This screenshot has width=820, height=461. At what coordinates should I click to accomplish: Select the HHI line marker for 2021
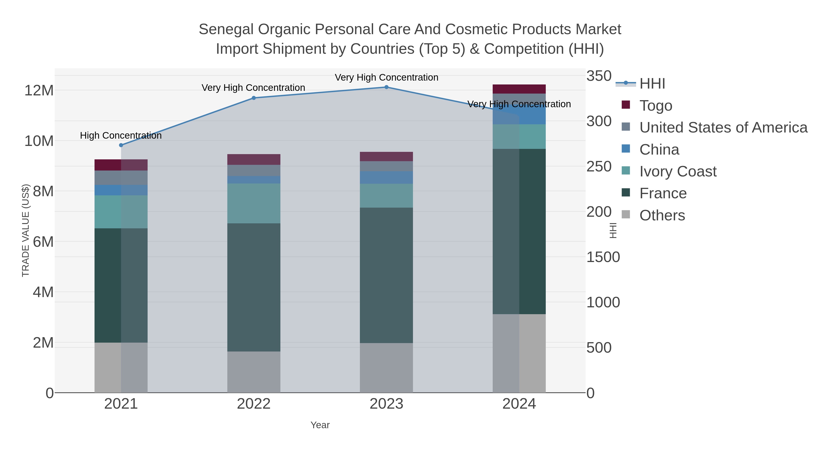point(121,145)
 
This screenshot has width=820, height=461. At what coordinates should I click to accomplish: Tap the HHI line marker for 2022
point(254,98)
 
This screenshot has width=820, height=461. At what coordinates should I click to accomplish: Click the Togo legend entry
point(656,105)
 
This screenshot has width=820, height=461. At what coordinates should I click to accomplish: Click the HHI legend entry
point(652,83)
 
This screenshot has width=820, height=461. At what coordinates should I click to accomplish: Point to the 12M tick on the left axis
point(39,91)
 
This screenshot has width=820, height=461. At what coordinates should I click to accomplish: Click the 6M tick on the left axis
point(43,242)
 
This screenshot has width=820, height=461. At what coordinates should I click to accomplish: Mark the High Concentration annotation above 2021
point(121,135)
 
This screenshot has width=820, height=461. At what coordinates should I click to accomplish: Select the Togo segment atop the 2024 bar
point(519,89)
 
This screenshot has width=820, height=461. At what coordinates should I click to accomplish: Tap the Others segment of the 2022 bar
point(254,372)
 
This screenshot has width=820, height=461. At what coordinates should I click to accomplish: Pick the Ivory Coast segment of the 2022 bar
point(254,203)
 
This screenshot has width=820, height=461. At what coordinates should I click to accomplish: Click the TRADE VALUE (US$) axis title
point(26,230)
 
